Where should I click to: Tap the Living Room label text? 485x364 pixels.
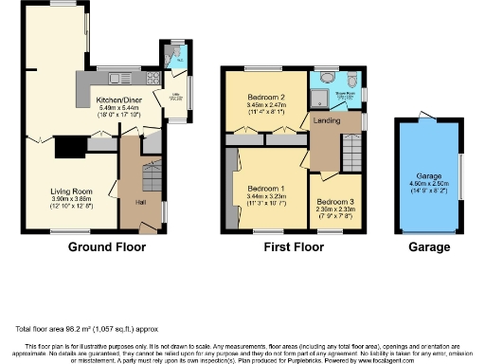coord(71,191)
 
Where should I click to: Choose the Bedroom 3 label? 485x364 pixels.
coord(333,202)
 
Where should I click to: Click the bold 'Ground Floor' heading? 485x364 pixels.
coord(107,248)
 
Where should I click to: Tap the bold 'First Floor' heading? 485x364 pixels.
coord(292,248)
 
